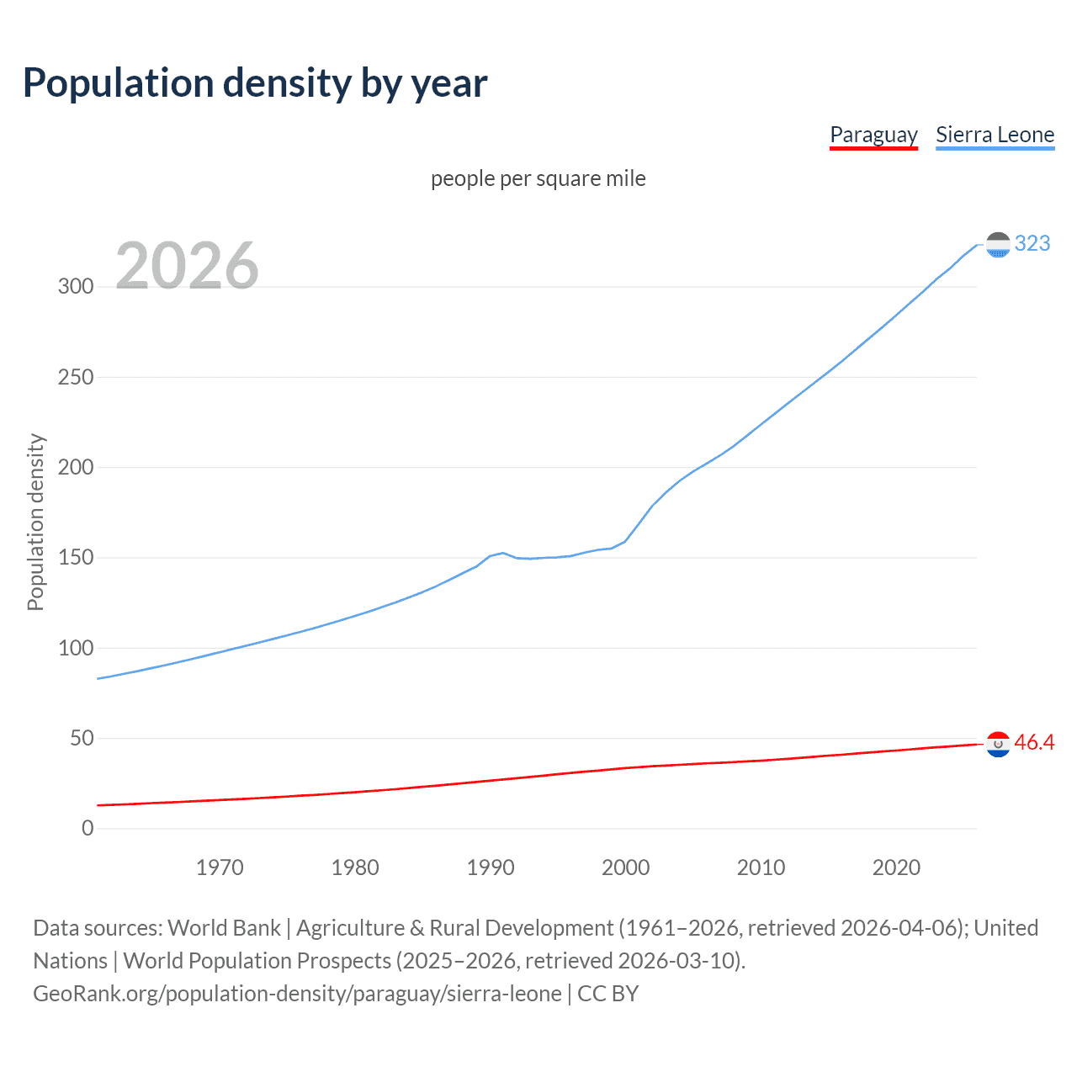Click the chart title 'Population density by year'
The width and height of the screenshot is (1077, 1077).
point(255,83)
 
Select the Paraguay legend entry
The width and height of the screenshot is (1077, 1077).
point(873,135)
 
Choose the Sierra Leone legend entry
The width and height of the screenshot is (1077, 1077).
point(995,135)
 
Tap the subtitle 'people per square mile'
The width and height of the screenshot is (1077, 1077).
point(538,178)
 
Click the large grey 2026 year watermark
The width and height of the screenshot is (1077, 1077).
point(187,266)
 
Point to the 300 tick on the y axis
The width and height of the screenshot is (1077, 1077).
point(76,286)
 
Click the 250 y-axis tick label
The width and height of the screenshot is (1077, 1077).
point(76,377)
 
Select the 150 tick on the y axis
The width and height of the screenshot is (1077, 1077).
point(76,557)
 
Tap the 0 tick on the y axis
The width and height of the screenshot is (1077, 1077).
point(88,828)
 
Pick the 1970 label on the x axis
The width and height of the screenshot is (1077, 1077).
point(220,867)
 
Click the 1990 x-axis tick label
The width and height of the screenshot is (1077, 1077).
point(491,867)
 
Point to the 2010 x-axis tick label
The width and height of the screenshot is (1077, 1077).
point(761,867)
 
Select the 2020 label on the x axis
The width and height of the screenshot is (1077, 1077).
point(896,867)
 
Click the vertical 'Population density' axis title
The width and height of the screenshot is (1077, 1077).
point(35,522)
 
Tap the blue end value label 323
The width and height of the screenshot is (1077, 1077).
point(1032,243)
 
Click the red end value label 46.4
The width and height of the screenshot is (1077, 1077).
point(1034,742)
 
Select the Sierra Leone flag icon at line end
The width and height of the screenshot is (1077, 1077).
point(998,245)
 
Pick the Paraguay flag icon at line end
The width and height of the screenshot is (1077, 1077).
point(998,744)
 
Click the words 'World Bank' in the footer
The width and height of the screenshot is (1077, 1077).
point(224,927)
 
